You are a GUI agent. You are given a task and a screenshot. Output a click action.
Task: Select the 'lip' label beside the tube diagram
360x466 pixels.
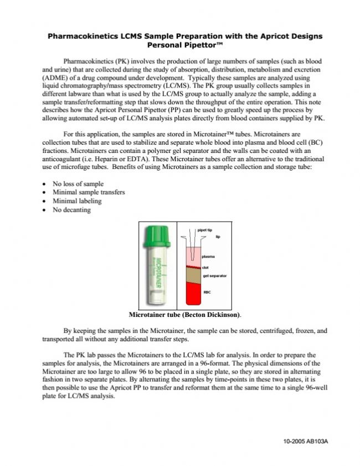pyautogui.click(x=218, y=237)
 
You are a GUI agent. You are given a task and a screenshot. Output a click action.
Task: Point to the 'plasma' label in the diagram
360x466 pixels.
pyautogui.click(x=208, y=257)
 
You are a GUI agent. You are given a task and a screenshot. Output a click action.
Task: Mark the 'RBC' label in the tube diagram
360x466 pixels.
pyautogui.click(x=207, y=291)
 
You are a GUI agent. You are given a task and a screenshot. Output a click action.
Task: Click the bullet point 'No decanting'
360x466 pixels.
pyautogui.click(x=71, y=210)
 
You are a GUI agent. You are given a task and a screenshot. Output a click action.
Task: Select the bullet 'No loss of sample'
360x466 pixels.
pyautogui.click(x=78, y=183)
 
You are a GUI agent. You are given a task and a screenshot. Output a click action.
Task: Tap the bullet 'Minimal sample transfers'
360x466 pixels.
pyautogui.click(x=88, y=192)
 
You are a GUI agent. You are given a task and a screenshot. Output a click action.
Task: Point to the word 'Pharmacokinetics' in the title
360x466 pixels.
pyautogui.click(x=83, y=36)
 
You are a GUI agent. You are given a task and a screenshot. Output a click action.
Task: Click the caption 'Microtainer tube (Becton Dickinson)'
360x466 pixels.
pyautogui.click(x=184, y=315)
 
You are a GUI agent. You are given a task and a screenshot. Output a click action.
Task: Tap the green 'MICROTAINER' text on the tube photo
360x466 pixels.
pyautogui.click(x=158, y=272)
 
